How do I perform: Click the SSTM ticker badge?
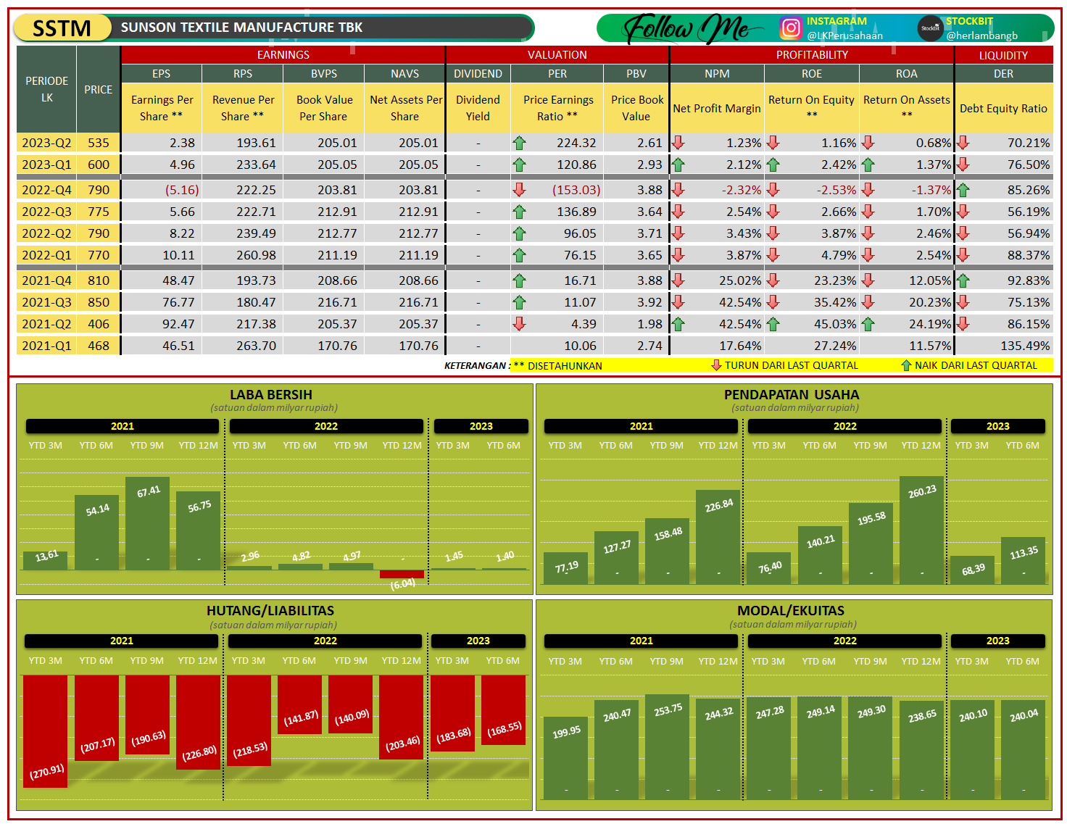point(62,28)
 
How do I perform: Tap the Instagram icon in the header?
point(790,28)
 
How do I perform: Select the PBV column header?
point(636,74)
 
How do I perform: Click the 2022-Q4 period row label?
point(46,190)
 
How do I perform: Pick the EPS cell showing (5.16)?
point(182,190)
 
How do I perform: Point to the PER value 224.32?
point(576,143)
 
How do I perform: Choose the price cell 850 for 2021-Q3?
point(98,302)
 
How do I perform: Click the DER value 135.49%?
point(1025,346)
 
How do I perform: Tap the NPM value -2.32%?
point(741,190)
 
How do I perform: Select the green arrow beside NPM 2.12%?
point(678,165)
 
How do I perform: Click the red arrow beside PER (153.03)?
point(519,190)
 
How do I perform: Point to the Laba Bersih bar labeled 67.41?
point(147,523)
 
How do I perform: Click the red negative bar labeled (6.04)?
point(402,574)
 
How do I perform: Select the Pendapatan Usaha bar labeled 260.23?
point(921,530)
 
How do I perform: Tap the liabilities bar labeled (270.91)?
point(45,731)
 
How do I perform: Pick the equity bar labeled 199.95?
point(565,758)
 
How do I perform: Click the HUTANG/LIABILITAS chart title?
point(270,610)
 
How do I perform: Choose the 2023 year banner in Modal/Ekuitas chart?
point(997,641)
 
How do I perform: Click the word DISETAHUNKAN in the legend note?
point(565,366)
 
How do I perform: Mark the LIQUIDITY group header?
point(1003,55)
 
